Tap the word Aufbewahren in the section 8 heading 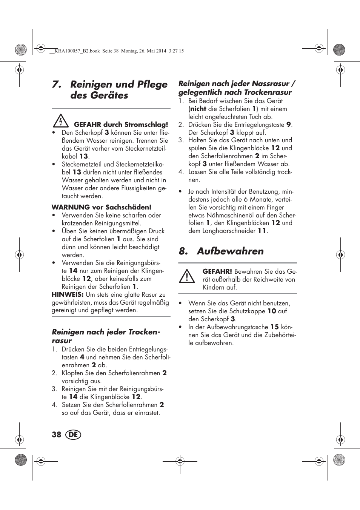pyautogui.click(x=230, y=251)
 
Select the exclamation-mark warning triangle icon pyautogui.click(x=187, y=277)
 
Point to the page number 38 pyautogui.click(x=56, y=435)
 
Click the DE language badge pyautogui.click(x=73, y=435)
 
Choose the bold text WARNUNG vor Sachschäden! pyautogui.click(x=102, y=207)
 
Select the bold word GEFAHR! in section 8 pyautogui.click(x=217, y=271)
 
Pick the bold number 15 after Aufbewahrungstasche pyautogui.click(x=275, y=327)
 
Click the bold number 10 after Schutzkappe pyautogui.click(x=272, y=311)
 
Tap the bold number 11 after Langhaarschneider pyautogui.click(x=262, y=231)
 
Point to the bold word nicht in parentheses pyautogui.click(x=198, y=109)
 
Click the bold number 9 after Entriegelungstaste pyautogui.click(x=289, y=125)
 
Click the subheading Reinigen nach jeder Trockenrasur pyautogui.click(x=106, y=336)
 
